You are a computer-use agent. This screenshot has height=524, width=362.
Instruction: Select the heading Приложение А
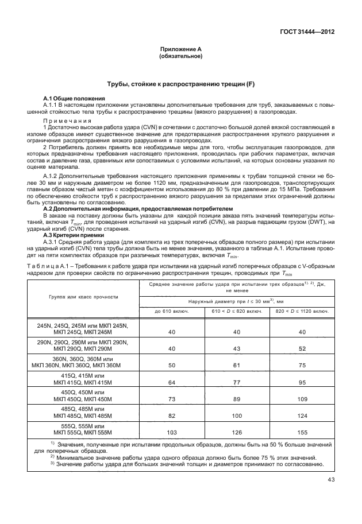click(x=180, y=50)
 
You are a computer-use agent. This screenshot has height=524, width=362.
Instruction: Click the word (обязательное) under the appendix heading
click(x=180, y=57)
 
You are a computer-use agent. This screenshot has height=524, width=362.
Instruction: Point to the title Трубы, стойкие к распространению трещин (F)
click(x=180, y=84)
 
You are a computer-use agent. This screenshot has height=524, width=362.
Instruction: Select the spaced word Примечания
click(x=68, y=121)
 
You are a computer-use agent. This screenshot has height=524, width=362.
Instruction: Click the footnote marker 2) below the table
click(x=52, y=456)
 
